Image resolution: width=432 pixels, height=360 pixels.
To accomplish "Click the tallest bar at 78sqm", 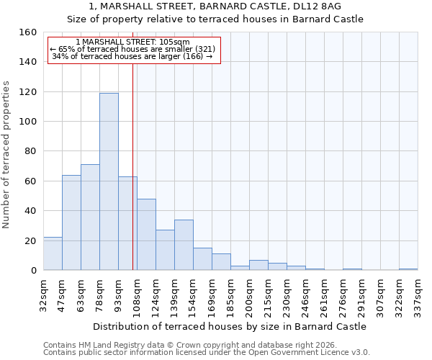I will pos(109,181).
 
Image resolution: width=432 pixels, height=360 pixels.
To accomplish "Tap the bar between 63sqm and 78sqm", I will pos(90,217).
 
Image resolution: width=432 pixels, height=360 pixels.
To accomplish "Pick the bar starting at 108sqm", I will pos(146,235).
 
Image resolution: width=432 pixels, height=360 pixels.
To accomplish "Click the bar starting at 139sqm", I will pos(184,245).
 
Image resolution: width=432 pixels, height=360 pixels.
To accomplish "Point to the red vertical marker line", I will pos(132,166).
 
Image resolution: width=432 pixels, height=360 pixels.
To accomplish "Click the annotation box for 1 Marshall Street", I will pos(133,50).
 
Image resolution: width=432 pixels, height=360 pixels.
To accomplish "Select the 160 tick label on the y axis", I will pos(27,32).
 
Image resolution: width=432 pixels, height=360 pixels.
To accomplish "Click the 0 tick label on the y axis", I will pos(34,271).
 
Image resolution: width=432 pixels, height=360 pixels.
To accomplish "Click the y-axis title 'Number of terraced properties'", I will pos(7,155).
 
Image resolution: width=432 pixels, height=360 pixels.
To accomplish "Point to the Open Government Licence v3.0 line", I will pos(207,353).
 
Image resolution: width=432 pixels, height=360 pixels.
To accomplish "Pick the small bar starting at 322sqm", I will pos(408,269).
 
